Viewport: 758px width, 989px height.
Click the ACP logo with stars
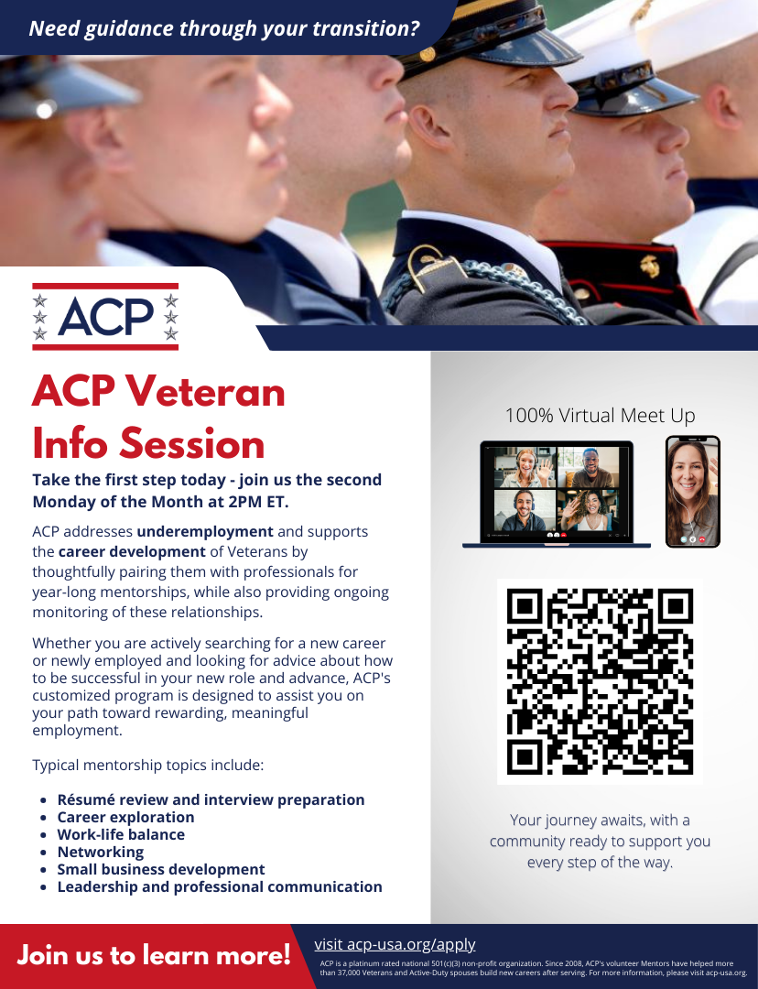(105, 317)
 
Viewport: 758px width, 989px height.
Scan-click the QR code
(600, 680)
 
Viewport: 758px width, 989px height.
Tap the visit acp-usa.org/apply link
(395, 944)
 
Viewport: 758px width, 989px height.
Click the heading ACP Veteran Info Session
(158, 418)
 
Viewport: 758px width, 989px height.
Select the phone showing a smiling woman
(692, 491)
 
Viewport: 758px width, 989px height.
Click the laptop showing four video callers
(556, 494)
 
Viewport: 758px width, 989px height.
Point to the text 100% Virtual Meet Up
(600, 415)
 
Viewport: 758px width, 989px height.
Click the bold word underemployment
(205, 531)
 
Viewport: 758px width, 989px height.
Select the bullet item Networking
(100, 852)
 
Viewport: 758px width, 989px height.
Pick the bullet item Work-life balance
(121, 834)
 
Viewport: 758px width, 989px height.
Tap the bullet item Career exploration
(125, 817)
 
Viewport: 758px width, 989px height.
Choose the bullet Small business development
(161, 869)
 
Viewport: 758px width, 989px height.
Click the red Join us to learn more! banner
(154, 956)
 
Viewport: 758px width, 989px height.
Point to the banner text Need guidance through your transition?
(224, 27)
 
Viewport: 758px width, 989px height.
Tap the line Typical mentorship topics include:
(148, 765)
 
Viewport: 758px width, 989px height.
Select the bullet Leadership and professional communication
(220, 886)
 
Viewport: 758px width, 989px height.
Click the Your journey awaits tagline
(600, 841)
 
